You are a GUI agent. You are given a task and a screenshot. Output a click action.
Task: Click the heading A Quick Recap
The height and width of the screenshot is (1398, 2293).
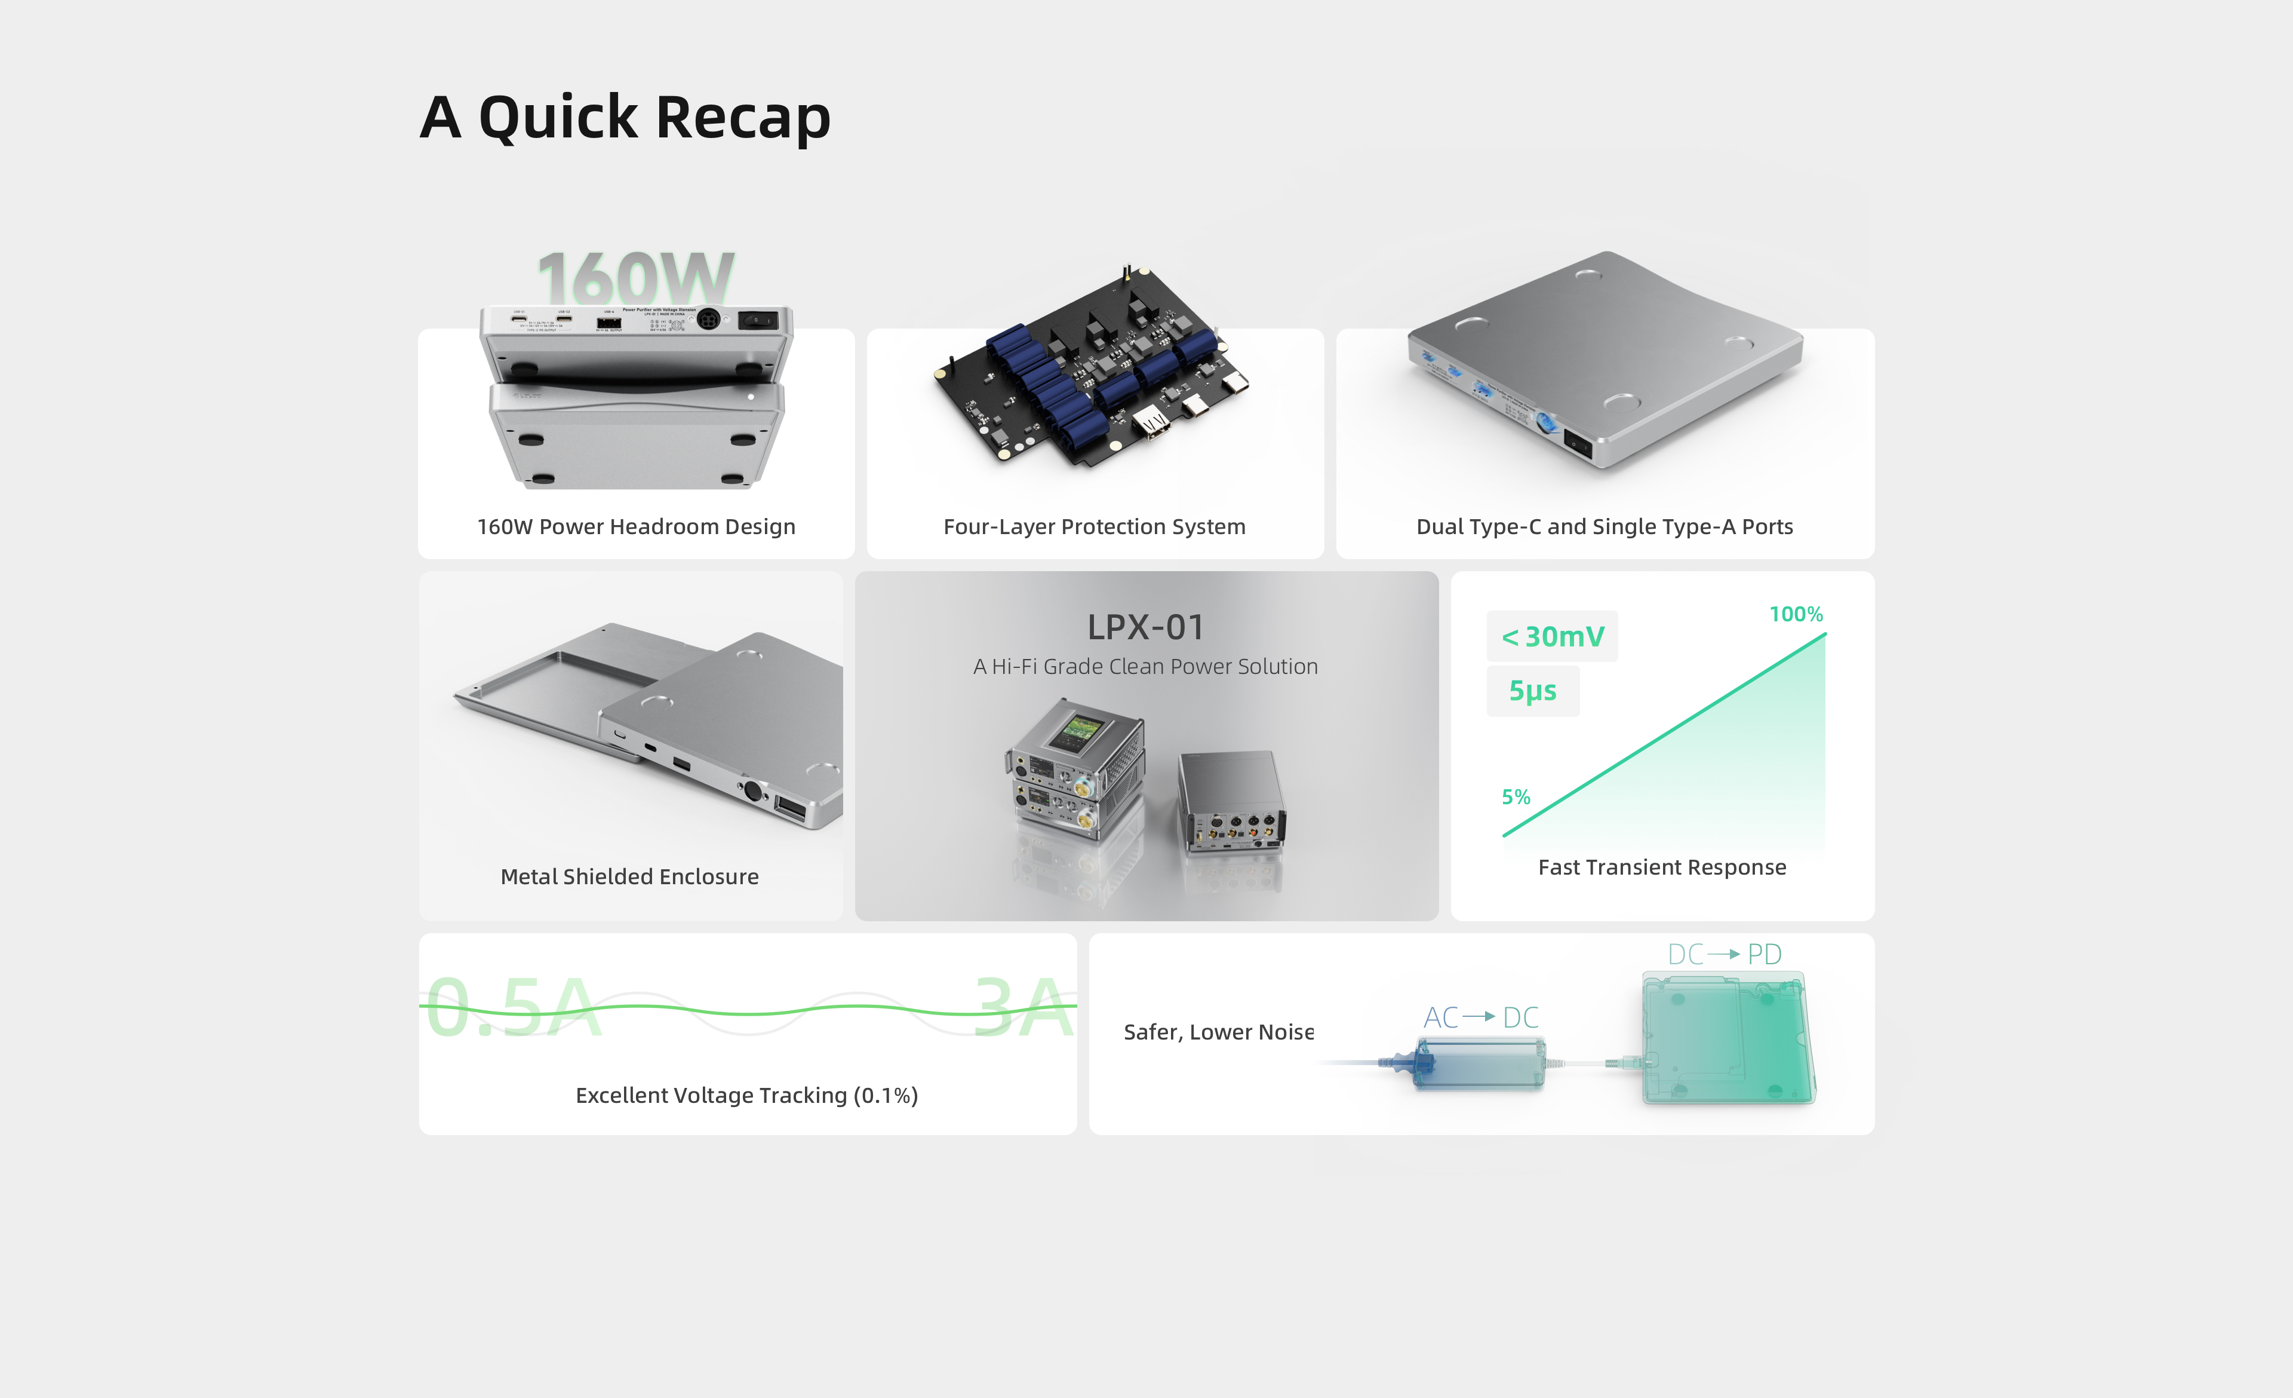click(625, 118)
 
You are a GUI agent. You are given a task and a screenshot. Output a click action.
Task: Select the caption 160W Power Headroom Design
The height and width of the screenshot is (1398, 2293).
click(637, 527)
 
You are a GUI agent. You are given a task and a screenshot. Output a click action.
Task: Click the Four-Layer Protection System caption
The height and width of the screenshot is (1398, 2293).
click(1095, 527)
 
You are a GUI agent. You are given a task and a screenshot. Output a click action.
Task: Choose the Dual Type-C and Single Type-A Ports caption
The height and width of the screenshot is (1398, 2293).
click(1605, 527)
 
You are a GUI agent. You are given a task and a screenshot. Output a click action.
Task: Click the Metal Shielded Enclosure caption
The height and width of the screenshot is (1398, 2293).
click(629, 877)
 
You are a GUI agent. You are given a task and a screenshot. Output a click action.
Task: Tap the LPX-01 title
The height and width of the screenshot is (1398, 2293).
click(1145, 627)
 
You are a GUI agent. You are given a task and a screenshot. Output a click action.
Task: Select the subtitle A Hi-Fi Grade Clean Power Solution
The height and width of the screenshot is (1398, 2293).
click(1145, 666)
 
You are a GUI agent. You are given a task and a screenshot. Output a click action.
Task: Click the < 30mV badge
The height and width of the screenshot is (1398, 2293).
click(1552, 637)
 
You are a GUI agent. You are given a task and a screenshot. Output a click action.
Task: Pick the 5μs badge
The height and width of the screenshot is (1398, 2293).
click(1533, 691)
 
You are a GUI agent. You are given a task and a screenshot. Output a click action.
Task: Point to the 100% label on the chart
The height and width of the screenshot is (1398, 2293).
click(1796, 614)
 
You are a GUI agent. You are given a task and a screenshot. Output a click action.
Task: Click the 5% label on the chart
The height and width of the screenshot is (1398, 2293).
click(1516, 797)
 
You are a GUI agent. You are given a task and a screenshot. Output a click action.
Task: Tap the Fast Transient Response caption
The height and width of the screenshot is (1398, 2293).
click(1662, 867)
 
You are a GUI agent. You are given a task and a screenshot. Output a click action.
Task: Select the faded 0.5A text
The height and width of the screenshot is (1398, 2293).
click(514, 1007)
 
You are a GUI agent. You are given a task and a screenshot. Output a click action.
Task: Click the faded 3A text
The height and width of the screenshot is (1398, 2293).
click(1023, 1007)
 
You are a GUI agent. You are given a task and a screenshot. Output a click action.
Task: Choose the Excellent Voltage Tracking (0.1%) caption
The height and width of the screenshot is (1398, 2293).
click(746, 1096)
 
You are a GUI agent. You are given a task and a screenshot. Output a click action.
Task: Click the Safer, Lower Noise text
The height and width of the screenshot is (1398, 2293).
click(1218, 1032)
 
